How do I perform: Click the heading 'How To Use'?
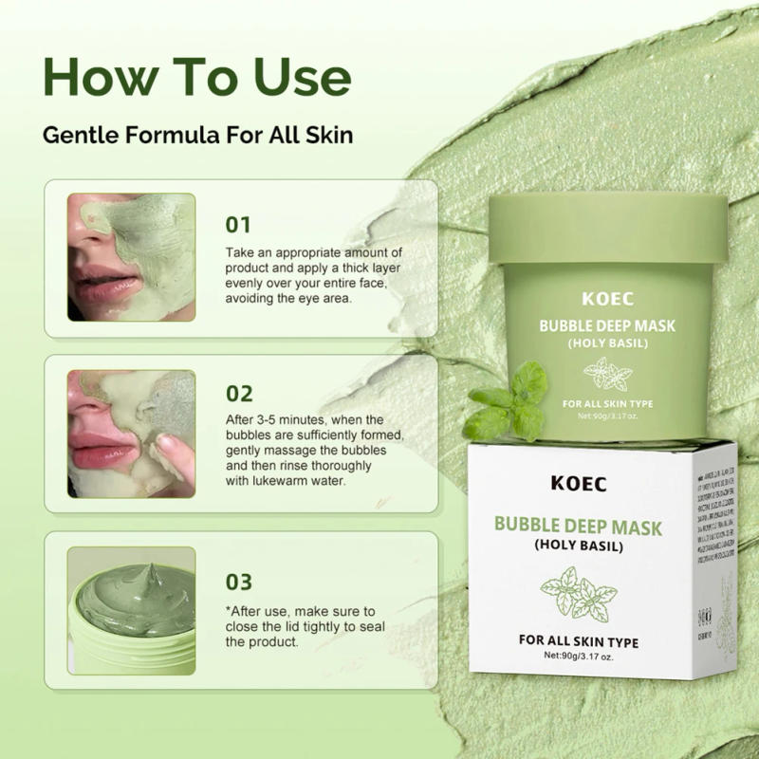(x=196, y=77)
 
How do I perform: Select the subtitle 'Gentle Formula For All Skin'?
(x=198, y=135)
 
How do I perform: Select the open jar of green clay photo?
(x=131, y=604)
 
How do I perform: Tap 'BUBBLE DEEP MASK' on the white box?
(x=581, y=526)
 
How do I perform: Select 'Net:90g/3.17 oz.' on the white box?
(x=581, y=656)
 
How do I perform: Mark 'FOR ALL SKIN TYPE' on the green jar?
(x=607, y=403)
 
